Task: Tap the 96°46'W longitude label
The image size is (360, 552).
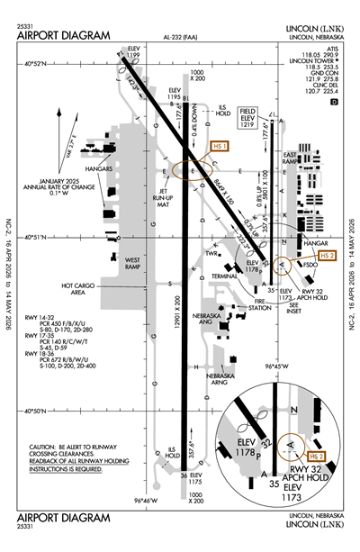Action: pos(147,501)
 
